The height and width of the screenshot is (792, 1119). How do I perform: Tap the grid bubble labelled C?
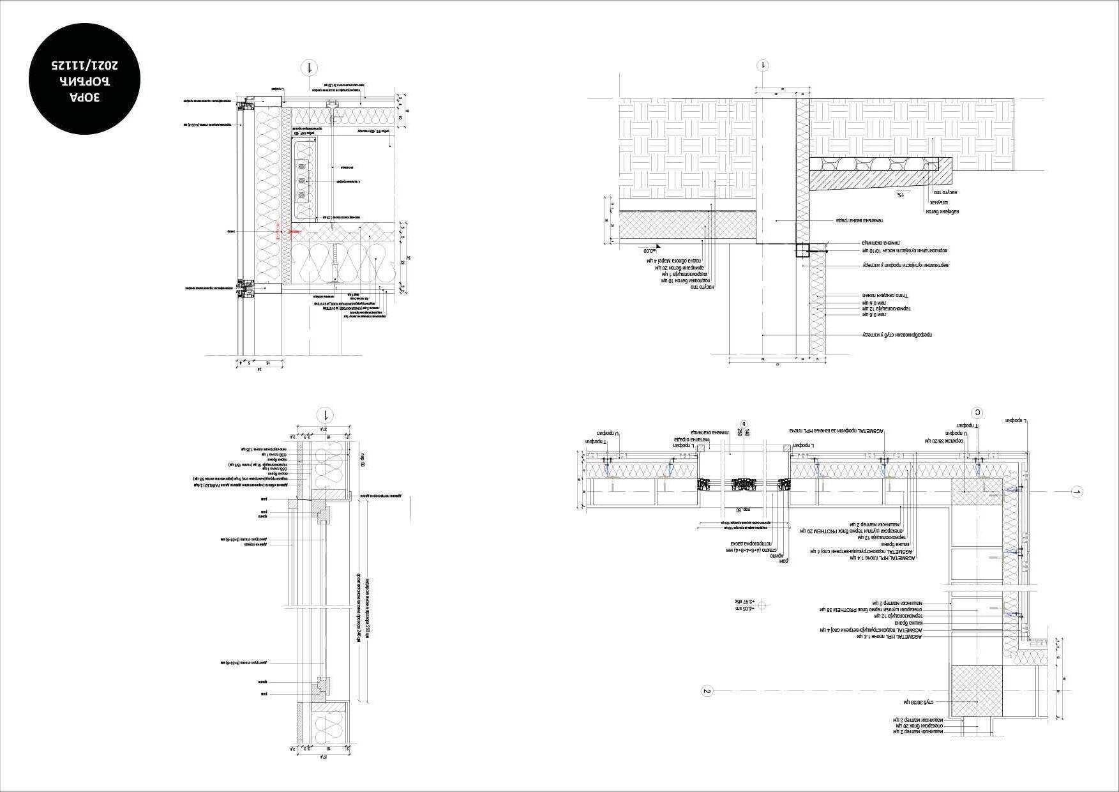[977, 413]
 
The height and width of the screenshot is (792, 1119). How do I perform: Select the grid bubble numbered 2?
[707, 690]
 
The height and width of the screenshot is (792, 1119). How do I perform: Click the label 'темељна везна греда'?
[859, 220]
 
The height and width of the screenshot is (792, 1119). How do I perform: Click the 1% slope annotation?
[900, 194]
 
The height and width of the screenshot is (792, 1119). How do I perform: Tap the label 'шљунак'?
[939, 202]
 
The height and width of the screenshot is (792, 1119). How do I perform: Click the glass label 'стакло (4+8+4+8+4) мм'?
[754, 550]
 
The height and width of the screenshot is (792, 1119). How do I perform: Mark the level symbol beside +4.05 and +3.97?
[766, 605]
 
